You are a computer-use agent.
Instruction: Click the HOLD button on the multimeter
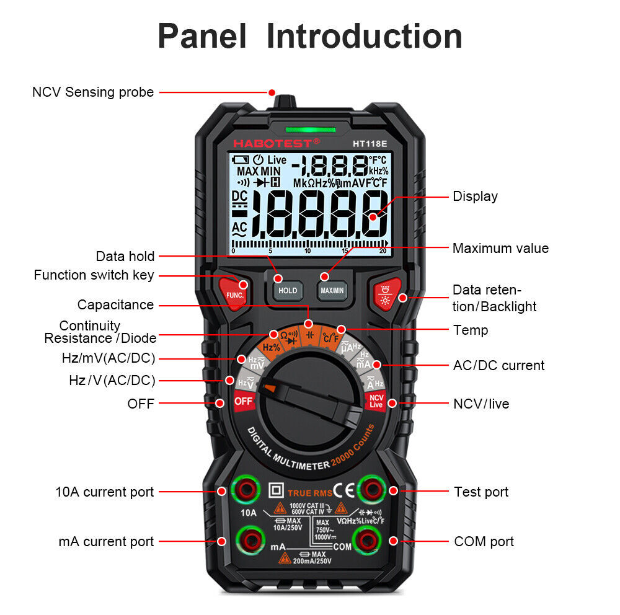click(x=287, y=290)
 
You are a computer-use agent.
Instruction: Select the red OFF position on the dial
click(x=243, y=400)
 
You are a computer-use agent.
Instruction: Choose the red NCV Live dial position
click(x=376, y=400)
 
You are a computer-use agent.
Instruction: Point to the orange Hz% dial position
click(x=271, y=348)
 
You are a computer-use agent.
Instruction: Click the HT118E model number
click(x=370, y=143)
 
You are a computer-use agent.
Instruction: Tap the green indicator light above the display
click(x=308, y=130)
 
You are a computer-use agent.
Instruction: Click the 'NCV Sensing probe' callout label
click(x=93, y=92)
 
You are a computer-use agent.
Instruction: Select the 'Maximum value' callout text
click(x=500, y=249)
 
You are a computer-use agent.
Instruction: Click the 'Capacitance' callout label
click(x=115, y=304)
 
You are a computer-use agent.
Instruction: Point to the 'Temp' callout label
click(x=471, y=330)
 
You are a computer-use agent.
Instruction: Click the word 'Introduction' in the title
click(x=364, y=36)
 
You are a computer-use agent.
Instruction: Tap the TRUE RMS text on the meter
click(x=309, y=493)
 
